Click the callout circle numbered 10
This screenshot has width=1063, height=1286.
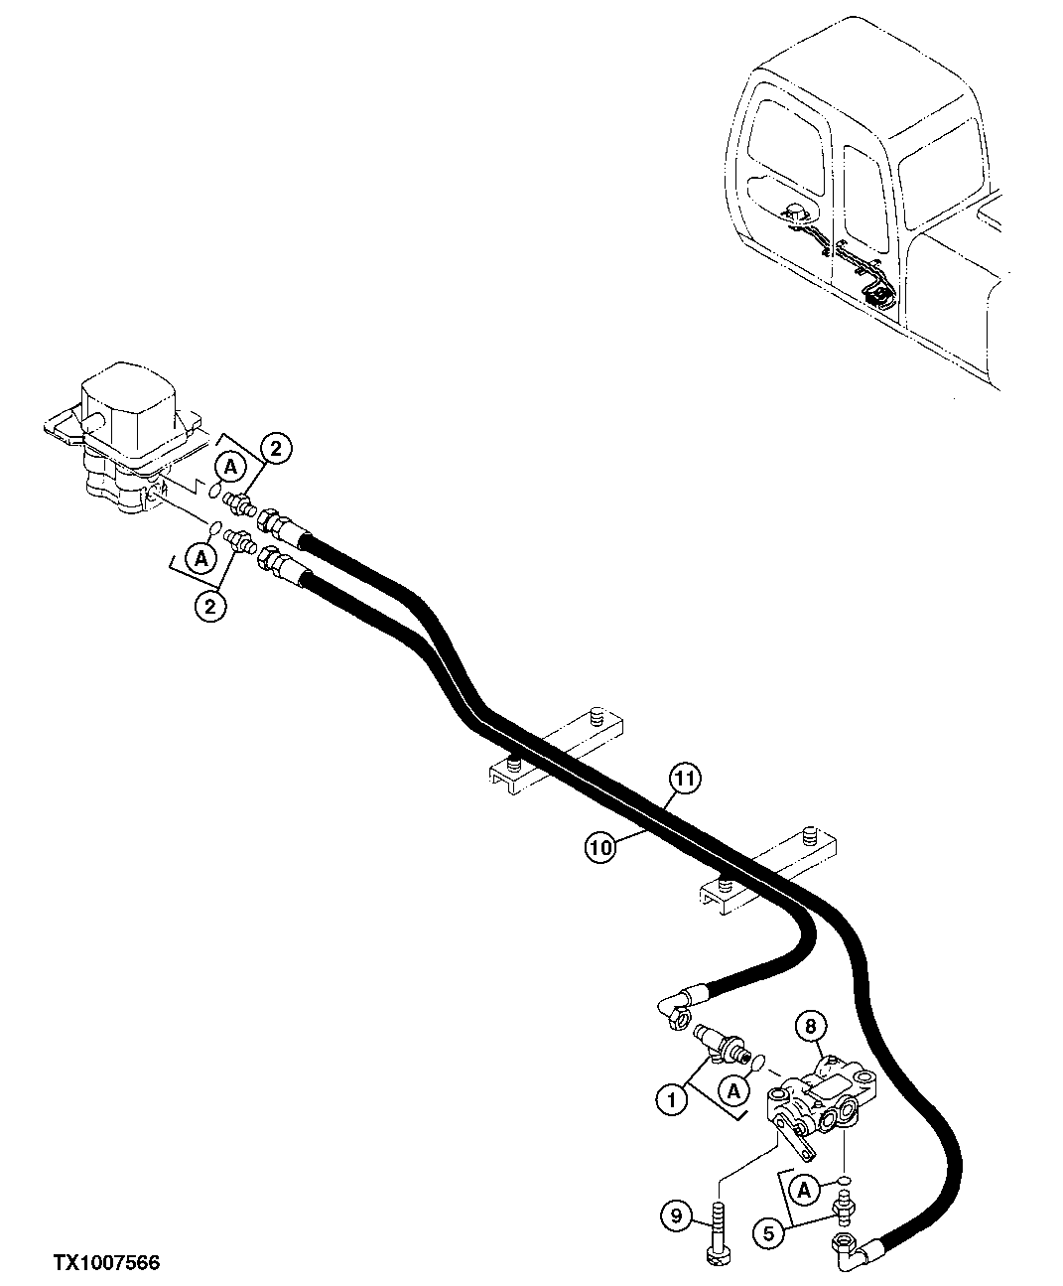pos(598,846)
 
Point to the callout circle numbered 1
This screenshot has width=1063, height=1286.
pos(671,1100)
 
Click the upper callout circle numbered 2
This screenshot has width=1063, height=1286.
pos(275,449)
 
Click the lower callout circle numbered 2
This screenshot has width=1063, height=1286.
pos(209,605)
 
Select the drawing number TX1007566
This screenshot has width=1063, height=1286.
pos(106,1263)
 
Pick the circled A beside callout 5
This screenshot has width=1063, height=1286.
pos(805,1188)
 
